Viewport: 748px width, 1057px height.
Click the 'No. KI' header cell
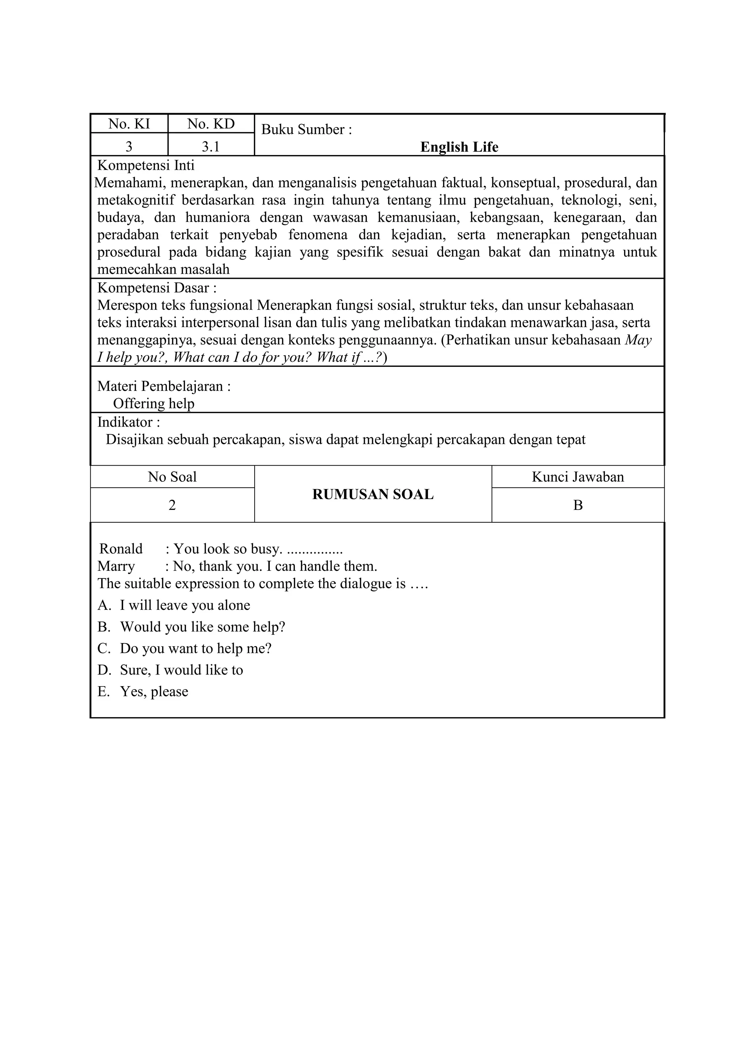click(129, 124)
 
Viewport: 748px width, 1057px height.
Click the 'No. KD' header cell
click(211, 124)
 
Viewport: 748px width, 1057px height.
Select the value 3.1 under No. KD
click(211, 147)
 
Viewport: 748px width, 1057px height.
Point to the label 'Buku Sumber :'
click(307, 129)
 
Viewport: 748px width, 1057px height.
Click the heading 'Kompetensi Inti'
click(146, 165)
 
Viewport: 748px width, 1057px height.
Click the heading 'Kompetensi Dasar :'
click(157, 288)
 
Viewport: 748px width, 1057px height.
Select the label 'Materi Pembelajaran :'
click(164, 386)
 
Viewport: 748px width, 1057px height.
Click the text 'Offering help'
click(154, 404)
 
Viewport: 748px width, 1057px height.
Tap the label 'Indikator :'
click(129, 422)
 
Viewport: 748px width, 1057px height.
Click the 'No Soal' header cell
click(172, 477)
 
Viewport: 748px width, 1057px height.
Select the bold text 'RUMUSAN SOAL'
click(373, 495)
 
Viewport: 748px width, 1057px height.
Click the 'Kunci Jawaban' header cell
click(577, 477)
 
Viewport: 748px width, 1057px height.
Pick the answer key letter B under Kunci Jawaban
click(577, 506)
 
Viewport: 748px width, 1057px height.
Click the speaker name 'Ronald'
click(121, 549)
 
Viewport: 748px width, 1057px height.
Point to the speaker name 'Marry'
click(116, 566)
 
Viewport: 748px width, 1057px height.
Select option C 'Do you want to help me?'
click(195, 649)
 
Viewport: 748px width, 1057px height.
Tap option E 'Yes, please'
click(154, 692)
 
